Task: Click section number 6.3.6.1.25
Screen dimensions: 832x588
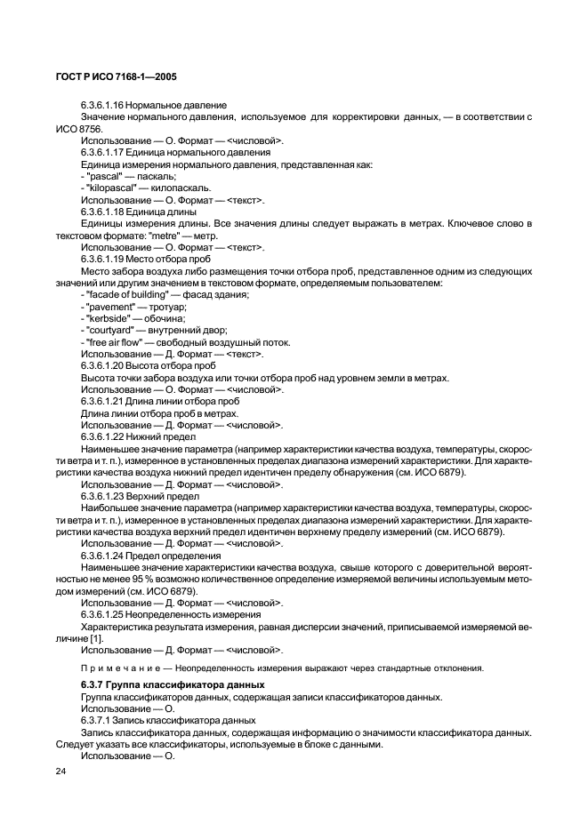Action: coord(109,614)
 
